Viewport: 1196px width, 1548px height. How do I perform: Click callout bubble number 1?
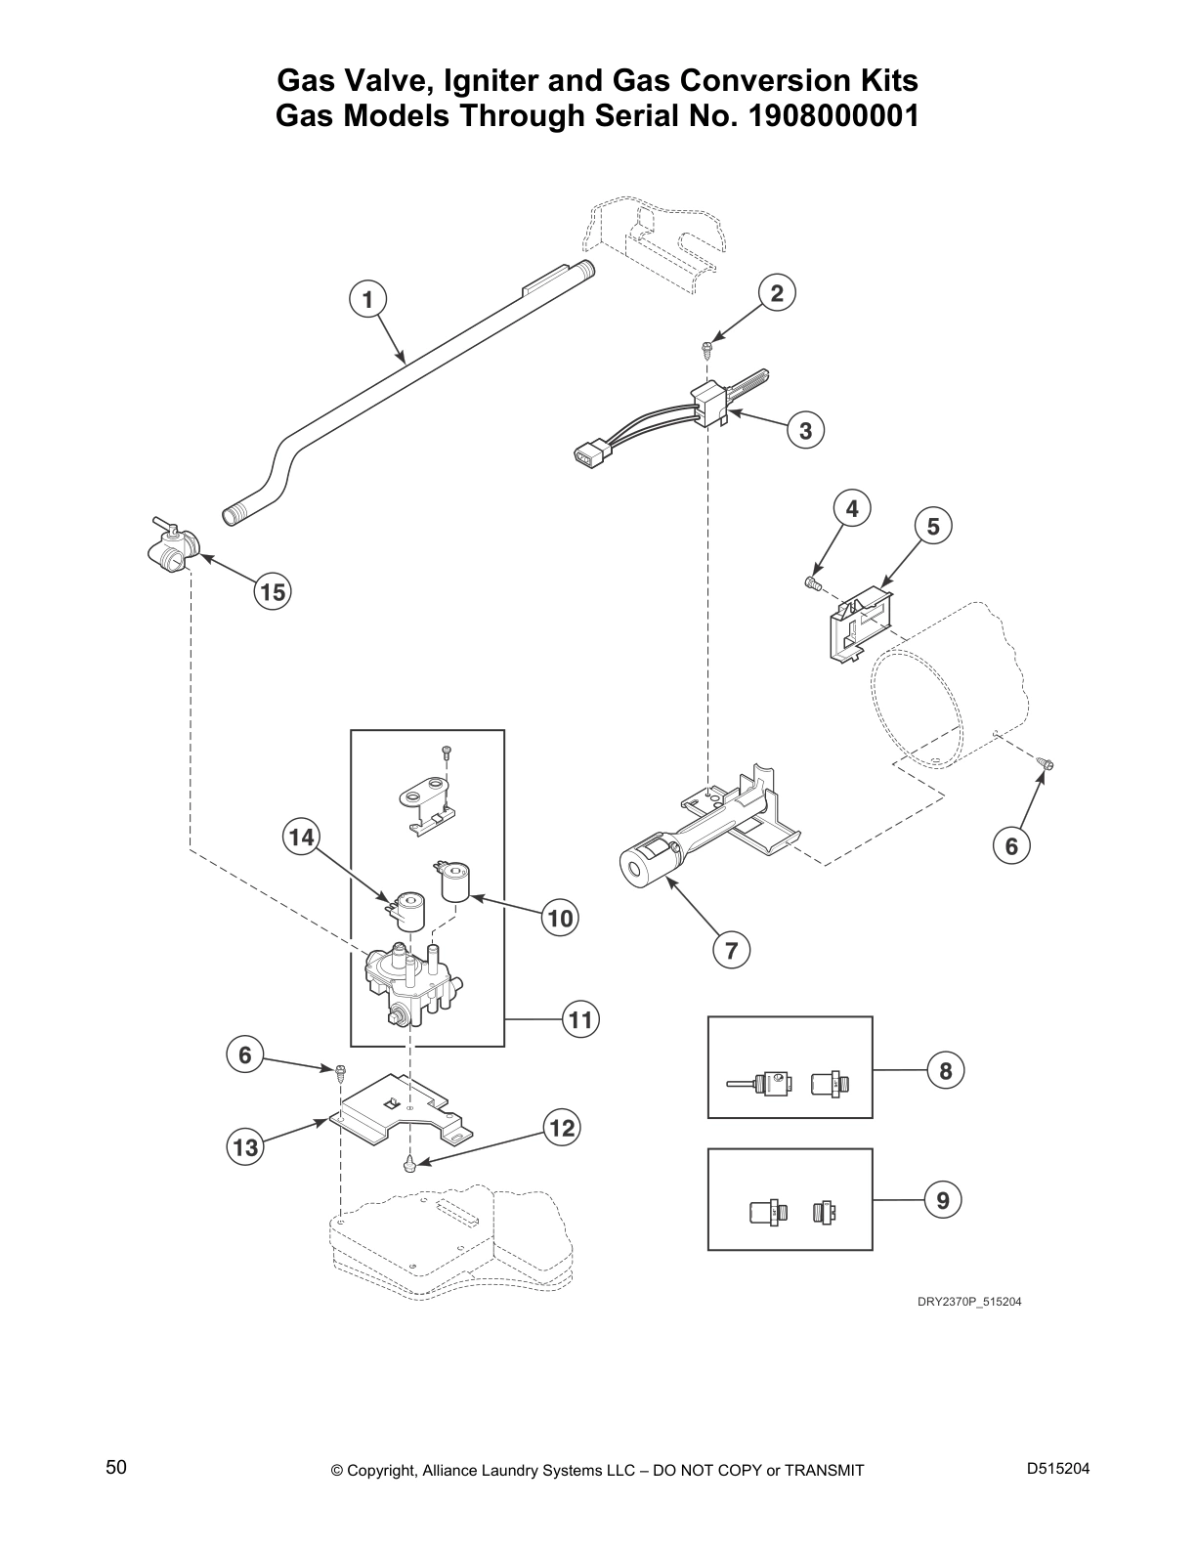[367, 299]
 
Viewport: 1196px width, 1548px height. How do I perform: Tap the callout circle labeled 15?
[273, 592]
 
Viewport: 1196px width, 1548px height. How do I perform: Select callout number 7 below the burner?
[731, 950]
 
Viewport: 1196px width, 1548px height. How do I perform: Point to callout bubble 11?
[580, 1020]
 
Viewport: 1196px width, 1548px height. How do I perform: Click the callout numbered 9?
[943, 1201]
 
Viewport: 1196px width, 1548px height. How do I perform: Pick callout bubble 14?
[301, 838]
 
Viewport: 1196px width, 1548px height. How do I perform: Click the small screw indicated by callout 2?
[706, 348]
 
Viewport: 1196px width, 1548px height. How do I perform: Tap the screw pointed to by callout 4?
[811, 582]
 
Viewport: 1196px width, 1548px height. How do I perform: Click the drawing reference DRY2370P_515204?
[968, 1302]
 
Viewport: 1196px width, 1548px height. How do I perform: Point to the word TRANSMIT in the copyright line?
[824, 1471]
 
